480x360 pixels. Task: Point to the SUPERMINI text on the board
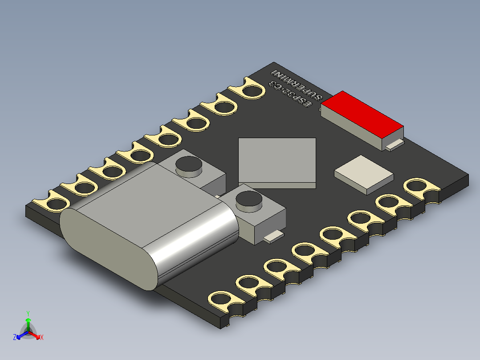pyautogui.click(x=297, y=85)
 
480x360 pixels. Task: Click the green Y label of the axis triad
pyautogui.click(x=28, y=313)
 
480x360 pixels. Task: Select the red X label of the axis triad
pyautogui.click(x=41, y=337)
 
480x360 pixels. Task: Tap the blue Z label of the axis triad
pyautogui.click(x=15, y=338)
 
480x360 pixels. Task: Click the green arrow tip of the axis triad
pyautogui.click(x=28, y=320)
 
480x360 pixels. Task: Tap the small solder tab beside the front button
pyautogui.click(x=273, y=236)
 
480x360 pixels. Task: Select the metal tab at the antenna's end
pyautogui.click(x=395, y=144)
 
